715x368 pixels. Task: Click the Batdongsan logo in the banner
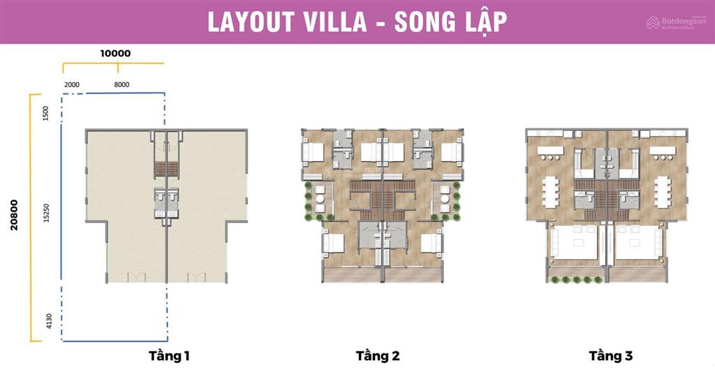[x=674, y=23]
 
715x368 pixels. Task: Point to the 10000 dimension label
[x=115, y=53]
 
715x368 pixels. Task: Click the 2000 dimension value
[x=72, y=84]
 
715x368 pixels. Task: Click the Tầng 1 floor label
[x=169, y=356]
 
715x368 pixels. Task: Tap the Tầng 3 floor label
[x=610, y=356]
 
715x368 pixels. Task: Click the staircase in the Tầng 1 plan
[x=166, y=169]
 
